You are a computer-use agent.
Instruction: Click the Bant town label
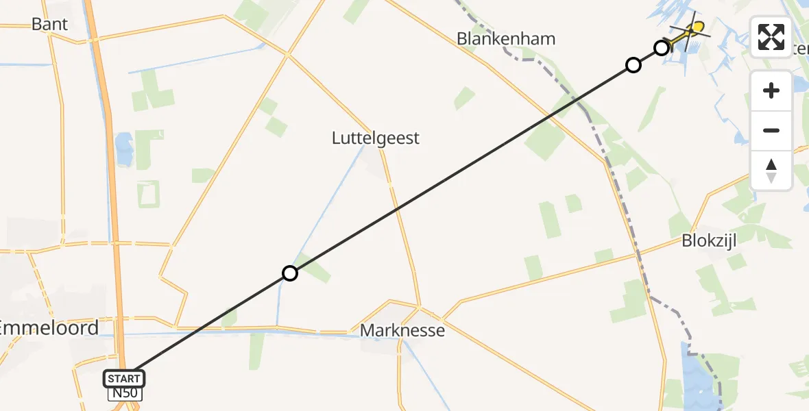[x=50, y=24]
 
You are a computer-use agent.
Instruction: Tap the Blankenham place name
[x=506, y=38]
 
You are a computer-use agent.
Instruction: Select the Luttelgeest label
[x=375, y=138]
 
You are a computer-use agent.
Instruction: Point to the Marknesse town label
[x=402, y=331]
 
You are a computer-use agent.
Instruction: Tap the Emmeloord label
[x=49, y=327]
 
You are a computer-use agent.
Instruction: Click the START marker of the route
[x=124, y=378]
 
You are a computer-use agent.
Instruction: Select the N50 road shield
[x=124, y=394]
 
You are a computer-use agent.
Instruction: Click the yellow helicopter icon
[x=692, y=29]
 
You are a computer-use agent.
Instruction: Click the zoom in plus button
[x=771, y=90]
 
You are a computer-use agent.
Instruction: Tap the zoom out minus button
[x=771, y=130]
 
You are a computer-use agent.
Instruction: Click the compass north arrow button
[x=771, y=170]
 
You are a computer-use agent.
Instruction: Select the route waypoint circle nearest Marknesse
[x=290, y=274]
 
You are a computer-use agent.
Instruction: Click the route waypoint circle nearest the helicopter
[x=661, y=48]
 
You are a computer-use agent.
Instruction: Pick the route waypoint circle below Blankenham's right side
[x=633, y=65]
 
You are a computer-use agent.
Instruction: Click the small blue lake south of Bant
[x=125, y=145]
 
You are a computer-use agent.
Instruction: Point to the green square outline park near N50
[x=148, y=194]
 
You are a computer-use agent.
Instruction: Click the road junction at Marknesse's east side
[x=444, y=319]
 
